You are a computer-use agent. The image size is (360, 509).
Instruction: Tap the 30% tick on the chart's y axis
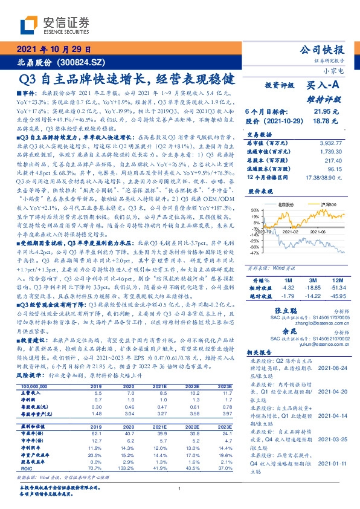(x=254, y=210)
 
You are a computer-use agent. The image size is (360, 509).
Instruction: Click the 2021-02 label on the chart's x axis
(x=291, y=232)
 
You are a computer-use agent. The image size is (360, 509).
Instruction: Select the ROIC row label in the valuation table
(x=27, y=468)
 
